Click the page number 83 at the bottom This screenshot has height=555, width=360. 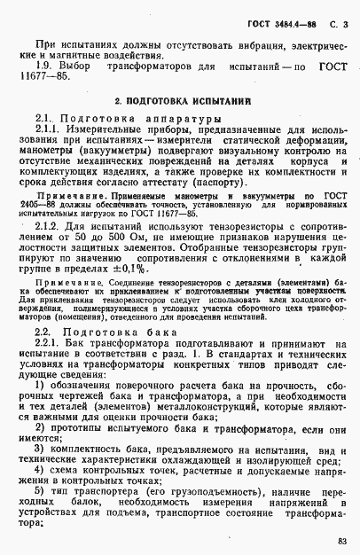pyautogui.click(x=343, y=541)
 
